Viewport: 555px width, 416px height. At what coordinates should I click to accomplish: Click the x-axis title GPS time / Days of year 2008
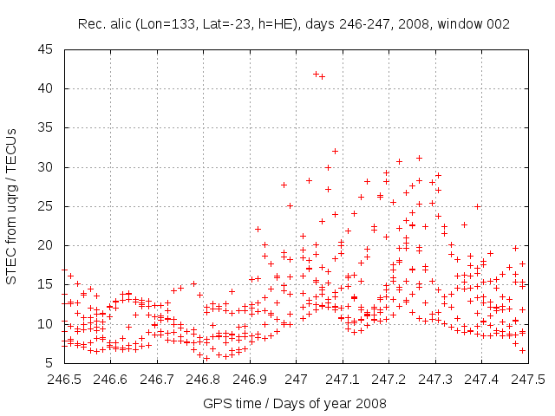[295, 403]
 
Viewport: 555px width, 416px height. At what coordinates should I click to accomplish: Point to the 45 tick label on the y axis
[46, 49]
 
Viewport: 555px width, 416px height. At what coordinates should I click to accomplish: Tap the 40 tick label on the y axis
[46, 88]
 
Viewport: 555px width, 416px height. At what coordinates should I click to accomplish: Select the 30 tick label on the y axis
[46, 166]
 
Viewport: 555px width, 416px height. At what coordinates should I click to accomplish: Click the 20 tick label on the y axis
[46, 245]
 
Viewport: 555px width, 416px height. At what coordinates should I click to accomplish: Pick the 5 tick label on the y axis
[49, 363]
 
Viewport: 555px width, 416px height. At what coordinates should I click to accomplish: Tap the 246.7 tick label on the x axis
[157, 379]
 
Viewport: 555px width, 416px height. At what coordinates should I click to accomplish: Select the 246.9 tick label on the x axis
[250, 379]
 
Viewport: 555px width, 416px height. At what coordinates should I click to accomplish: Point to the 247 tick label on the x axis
[296, 379]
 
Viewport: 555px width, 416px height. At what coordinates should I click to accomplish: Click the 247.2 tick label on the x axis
[388, 379]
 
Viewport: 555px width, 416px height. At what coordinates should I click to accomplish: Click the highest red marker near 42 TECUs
[316, 74]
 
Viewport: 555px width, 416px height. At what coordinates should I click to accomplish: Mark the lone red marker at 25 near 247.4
[477, 206]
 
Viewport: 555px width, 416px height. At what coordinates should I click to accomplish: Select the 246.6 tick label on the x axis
[111, 379]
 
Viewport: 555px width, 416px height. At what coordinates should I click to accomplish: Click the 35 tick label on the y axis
[46, 127]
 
